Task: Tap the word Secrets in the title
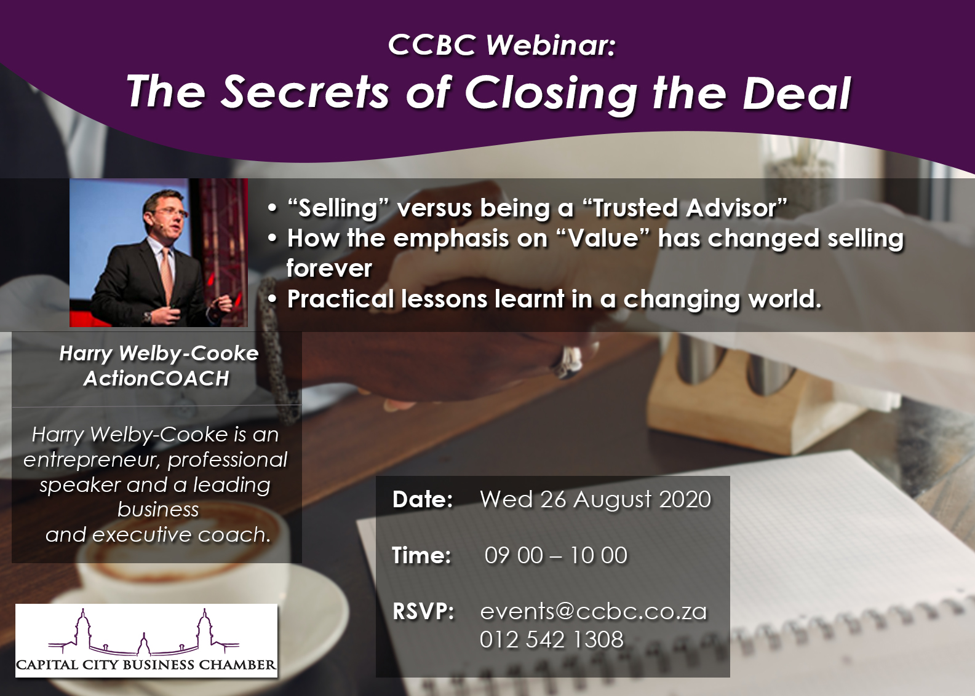pyautogui.click(x=304, y=93)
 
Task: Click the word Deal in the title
pyautogui.click(x=797, y=93)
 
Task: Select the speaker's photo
pyautogui.click(x=159, y=252)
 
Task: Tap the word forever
pyautogui.click(x=329, y=269)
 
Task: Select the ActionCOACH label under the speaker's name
pyautogui.click(x=156, y=379)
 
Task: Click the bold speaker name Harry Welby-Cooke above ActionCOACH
pyautogui.click(x=159, y=354)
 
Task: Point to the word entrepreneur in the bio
pyautogui.click(x=92, y=461)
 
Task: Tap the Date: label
pyautogui.click(x=423, y=499)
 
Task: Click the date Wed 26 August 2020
pyautogui.click(x=595, y=499)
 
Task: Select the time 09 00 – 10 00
pyautogui.click(x=556, y=555)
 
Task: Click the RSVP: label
pyautogui.click(x=423, y=611)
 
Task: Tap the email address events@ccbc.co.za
pyautogui.click(x=593, y=611)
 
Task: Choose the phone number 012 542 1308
pyautogui.click(x=552, y=639)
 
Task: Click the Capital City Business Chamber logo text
pyautogui.click(x=146, y=665)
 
